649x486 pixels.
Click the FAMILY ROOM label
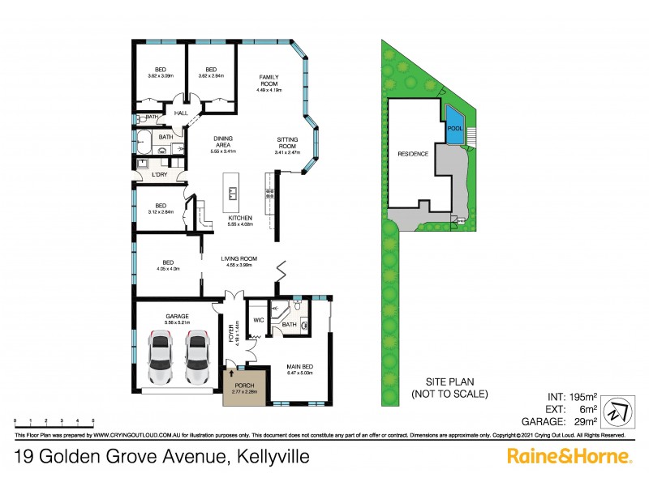(x=269, y=79)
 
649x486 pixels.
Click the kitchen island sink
(x=232, y=193)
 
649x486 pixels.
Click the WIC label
(x=258, y=320)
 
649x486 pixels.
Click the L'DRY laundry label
(x=158, y=174)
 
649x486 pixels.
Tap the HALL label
(x=182, y=113)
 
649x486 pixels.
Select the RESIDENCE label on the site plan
(x=413, y=153)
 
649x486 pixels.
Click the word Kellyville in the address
(x=272, y=457)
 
